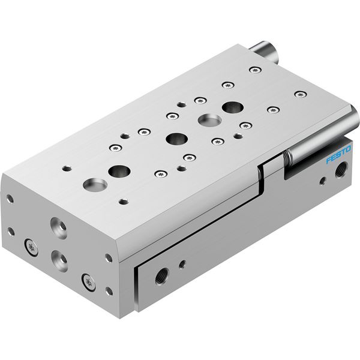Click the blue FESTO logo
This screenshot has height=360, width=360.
tap(338, 154)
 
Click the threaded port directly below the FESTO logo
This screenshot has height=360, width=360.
tap(341, 169)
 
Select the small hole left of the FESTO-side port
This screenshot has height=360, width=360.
tap(323, 181)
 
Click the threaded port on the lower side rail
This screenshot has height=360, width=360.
tap(162, 275)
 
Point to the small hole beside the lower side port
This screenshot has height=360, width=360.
tap(182, 264)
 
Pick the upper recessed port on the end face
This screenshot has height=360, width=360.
tap(59, 228)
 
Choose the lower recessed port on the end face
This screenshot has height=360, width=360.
tap(59, 261)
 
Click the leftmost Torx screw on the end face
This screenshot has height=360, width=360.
tap(31, 247)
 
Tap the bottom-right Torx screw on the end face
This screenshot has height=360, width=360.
tap(89, 283)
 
